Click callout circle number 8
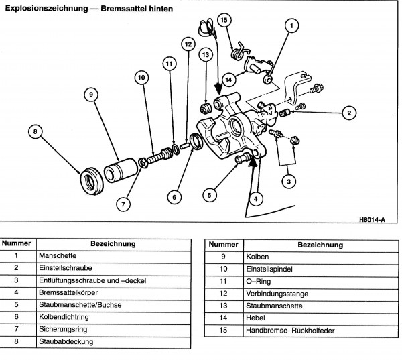tap(36, 132)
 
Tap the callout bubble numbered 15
tap(224, 21)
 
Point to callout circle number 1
tap(291, 26)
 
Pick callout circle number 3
tap(288, 181)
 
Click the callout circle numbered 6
tap(174, 197)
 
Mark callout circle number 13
tap(206, 54)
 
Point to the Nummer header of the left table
tap(19, 244)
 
